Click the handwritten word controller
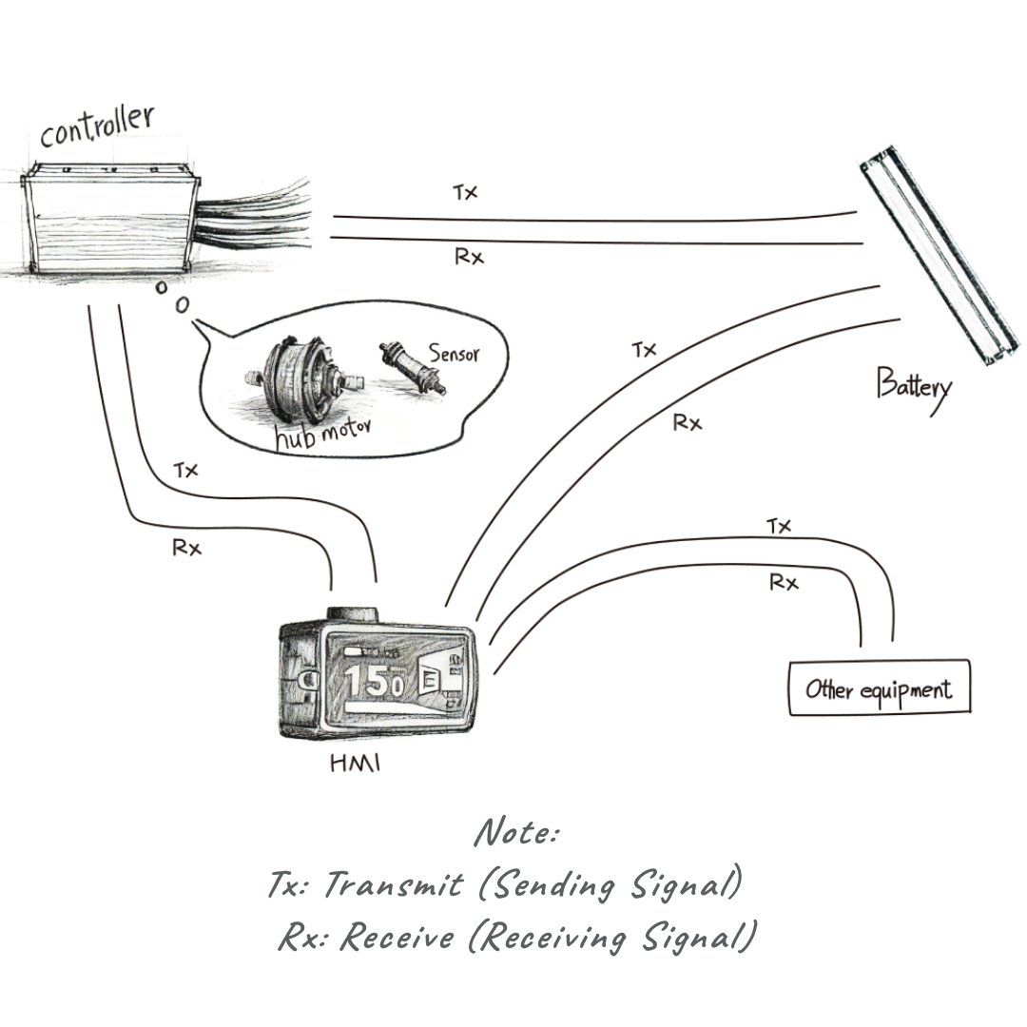96,127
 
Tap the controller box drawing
108,220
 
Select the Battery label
913,388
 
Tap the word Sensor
454,354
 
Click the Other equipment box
879,688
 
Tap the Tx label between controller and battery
465,193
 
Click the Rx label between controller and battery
469,257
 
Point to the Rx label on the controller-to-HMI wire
186,548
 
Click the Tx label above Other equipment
779,526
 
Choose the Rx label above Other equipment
783,583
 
